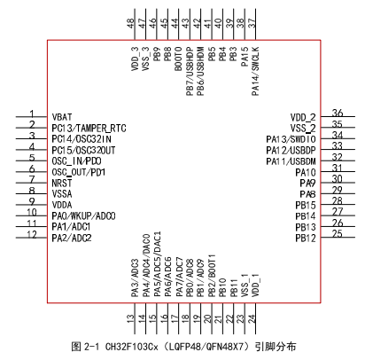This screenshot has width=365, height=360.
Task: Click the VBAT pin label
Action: click(x=62, y=117)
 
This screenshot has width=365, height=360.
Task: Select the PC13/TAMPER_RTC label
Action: click(x=89, y=128)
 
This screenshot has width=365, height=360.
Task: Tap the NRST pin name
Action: click(x=62, y=184)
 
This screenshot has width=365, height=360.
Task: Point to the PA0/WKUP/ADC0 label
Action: click(x=83, y=216)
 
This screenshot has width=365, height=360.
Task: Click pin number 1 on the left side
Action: click(x=32, y=113)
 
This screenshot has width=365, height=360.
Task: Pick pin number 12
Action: click(x=32, y=234)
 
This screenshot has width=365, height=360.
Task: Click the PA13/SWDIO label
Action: click(x=291, y=139)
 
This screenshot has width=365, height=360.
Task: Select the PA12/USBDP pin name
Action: click(x=291, y=151)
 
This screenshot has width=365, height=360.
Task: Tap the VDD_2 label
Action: click(x=303, y=118)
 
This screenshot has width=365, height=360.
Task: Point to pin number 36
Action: click(x=338, y=113)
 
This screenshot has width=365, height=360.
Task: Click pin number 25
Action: click(x=338, y=234)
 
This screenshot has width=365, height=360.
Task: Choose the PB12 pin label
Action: click(x=306, y=239)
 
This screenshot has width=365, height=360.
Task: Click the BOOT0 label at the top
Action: click(x=178, y=59)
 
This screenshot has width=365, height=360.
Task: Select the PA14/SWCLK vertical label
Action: click(x=255, y=71)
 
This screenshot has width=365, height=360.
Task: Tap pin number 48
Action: click(x=130, y=23)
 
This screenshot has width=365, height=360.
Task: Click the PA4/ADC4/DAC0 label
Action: click(x=146, y=265)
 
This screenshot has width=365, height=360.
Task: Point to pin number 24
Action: click(x=252, y=318)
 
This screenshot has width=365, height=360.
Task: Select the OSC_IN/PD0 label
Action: click(x=76, y=161)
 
